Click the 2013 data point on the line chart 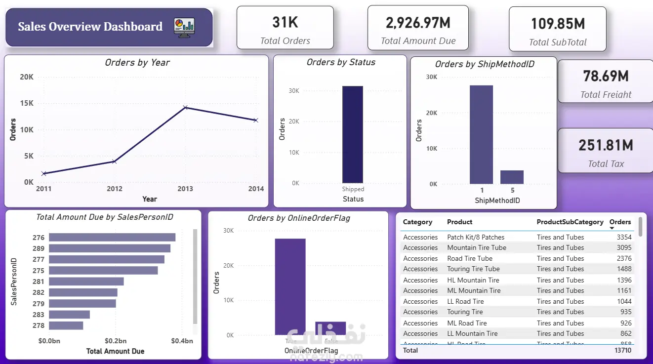coord(185,107)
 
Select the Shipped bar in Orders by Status coord(353,134)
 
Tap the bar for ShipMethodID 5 coord(512,177)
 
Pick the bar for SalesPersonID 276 coord(112,238)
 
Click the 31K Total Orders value coord(285,22)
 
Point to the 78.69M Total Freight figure coord(606,76)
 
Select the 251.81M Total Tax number coord(606,145)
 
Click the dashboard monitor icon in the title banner coord(184,27)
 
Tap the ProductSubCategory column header coord(570,222)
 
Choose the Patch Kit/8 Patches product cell coord(476,237)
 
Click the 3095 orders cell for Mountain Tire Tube coord(624,247)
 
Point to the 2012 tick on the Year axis coord(114,189)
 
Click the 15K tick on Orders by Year coord(27,103)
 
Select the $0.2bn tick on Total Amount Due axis coord(116,341)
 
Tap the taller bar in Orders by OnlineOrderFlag coord(290,286)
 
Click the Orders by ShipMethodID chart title coord(484,64)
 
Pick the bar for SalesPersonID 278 coord(66,325)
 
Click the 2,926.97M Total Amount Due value coord(418,22)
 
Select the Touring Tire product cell coord(465,312)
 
